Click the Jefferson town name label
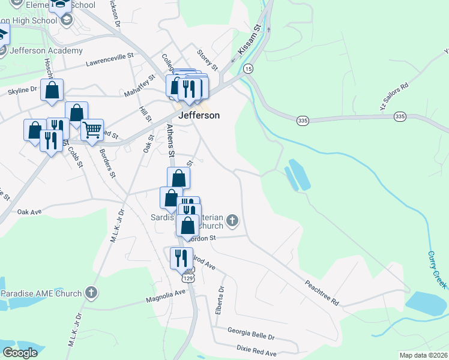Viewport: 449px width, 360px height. pos(198,115)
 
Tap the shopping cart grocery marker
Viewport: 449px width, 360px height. pos(92,130)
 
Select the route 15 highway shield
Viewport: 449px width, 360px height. pos(249,69)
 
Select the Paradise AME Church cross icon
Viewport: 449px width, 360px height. pos(91,293)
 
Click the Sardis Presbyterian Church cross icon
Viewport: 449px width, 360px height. pos(232,221)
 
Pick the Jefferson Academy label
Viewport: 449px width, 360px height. pos(46,50)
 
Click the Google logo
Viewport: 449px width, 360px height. pos(20,353)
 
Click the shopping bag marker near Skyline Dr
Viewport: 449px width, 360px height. pos(52,91)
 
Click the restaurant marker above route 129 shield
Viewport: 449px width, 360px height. pos(181,258)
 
